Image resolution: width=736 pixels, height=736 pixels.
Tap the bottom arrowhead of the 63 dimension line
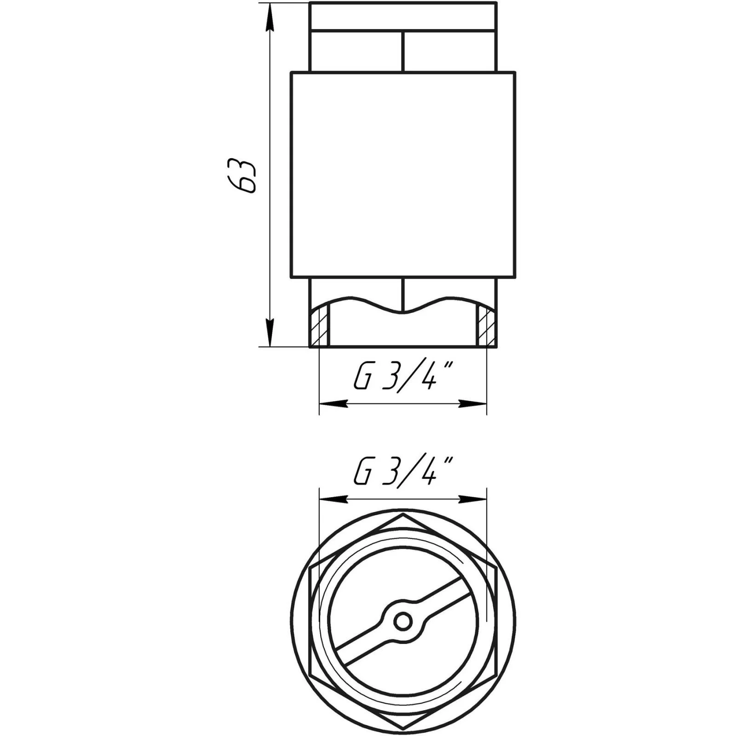[270, 332]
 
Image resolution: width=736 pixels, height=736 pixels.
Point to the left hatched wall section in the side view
[319, 326]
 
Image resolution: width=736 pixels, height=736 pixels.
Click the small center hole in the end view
[403, 622]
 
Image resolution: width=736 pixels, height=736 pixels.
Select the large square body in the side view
[403, 175]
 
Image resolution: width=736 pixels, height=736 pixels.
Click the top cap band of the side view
[403, 17]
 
